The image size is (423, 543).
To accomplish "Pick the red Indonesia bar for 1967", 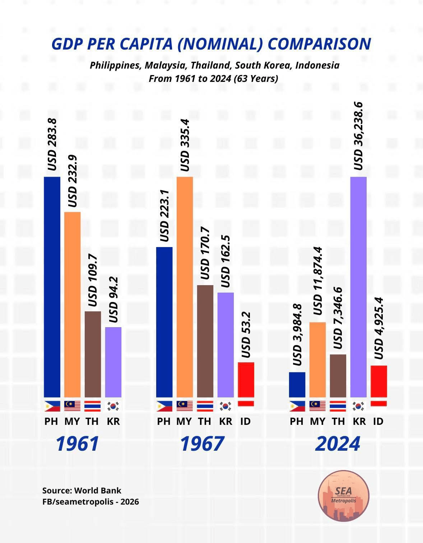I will pyautogui.click(x=246, y=379).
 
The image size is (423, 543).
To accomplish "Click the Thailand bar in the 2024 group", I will pyautogui.click(x=338, y=376).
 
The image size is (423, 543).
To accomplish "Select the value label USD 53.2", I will pyautogui.click(x=246, y=335).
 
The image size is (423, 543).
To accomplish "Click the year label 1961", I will pyautogui.click(x=78, y=444).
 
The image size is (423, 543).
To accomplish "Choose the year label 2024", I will pyautogui.click(x=338, y=444).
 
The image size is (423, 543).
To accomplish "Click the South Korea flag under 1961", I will pyautogui.click(x=113, y=406).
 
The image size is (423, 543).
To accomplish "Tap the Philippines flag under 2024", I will pyautogui.click(x=297, y=406).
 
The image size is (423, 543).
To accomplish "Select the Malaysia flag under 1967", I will pyautogui.click(x=185, y=406).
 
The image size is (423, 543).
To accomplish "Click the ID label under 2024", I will pyautogui.click(x=378, y=421).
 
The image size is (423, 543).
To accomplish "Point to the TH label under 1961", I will pyautogui.click(x=92, y=421).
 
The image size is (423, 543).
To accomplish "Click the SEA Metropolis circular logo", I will pyautogui.click(x=344, y=496).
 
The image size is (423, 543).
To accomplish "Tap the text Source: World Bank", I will pyautogui.click(x=82, y=491).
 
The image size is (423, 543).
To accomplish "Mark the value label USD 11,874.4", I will pyautogui.click(x=318, y=281).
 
